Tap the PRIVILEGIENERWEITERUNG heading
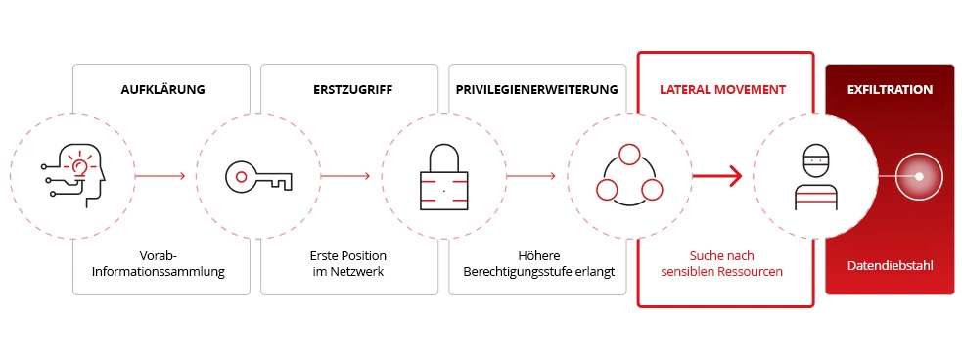[x=536, y=89]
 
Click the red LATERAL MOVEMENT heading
[x=724, y=89]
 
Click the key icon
[x=257, y=176]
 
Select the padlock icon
[x=443, y=176]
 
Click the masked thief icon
[x=816, y=177]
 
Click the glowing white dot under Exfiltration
[x=919, y=177]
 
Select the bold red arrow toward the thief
[x=716, y=177]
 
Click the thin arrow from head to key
[x=160, y=177]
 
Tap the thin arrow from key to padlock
[x=345, y=177]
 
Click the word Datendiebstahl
[x=889, y=264]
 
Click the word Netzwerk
[x=358, y=271]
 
